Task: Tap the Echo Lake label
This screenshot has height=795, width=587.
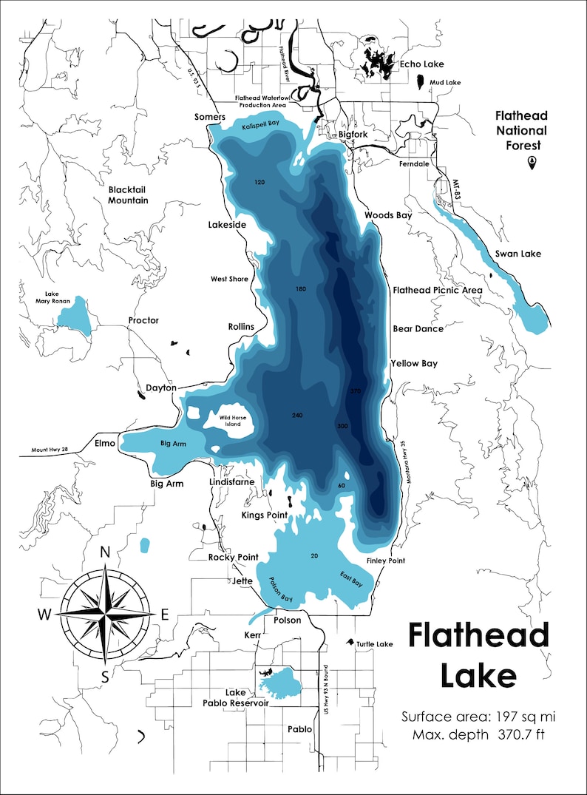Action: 420,64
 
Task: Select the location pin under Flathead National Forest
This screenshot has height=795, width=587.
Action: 531,162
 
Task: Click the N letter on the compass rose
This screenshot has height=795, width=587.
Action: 105,552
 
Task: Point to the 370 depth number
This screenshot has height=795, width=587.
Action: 355,391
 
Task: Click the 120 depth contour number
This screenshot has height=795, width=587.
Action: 259,182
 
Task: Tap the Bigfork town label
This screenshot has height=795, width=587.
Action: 352,135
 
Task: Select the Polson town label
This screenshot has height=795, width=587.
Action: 288,620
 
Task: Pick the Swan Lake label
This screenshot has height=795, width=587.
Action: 518,254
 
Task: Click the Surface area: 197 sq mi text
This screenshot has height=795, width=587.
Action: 478,717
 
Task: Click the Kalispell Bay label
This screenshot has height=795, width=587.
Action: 259,126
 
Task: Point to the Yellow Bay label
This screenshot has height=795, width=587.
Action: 414,363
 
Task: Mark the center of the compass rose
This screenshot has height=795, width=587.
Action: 105,613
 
